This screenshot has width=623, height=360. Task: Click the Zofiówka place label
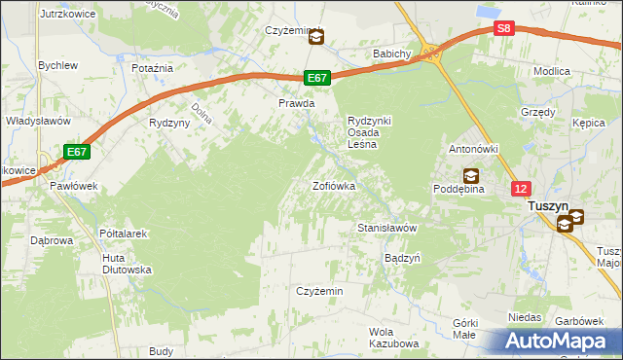pyautogui.click(x=333, y=185)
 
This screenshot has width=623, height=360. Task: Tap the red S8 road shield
pyautogui.click(x=502, y=29)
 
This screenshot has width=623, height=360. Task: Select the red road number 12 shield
pyautogui.click(x=523, y=188)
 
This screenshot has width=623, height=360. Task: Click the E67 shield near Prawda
pyautogui.click(x=317, y=78)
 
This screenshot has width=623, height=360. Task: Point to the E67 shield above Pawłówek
pyautogui.click(x=78, y=152)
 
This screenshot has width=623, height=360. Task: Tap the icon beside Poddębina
pyautogui.click(x=470, y=175)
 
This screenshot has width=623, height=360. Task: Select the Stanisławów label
pyautogui.click(x=387, y=228)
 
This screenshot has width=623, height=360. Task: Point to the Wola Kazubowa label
pyautogui.click(x=393, y=338)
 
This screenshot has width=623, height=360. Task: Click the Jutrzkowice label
pyautogui.click(x=65, y=16)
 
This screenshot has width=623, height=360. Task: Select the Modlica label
pyautogui.click(x=552, y=71)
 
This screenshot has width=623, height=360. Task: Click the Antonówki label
pyautogui.click(x=473, y=149)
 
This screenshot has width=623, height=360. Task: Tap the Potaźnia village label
pyautogui.click(x=152, y=68)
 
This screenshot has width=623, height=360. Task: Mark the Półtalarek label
pyautogui.click(x=123, y=234)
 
